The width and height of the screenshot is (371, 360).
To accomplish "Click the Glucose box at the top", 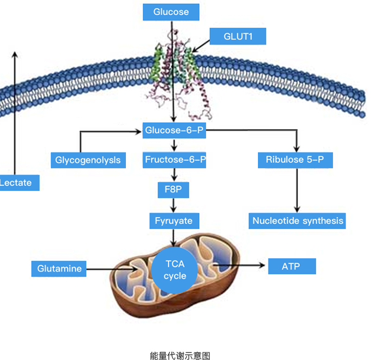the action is coord(171,12).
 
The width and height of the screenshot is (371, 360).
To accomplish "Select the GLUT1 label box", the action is coord(238,36).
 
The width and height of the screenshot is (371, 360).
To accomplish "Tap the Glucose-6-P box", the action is coord(174,130).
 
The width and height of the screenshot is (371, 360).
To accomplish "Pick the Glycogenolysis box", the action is coord(88,160).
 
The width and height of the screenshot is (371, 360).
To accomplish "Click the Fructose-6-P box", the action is coord(174,160).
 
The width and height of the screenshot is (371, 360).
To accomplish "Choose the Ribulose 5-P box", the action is coord(295,160).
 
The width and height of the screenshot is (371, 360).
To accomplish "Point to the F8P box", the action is coord(173,190).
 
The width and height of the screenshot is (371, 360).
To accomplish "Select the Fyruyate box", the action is coord(174,221).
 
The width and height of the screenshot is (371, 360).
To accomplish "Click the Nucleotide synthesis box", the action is coord(297,221).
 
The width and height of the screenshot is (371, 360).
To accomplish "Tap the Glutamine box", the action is coord(59,269).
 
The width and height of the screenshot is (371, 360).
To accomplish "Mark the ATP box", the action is coord(292,266).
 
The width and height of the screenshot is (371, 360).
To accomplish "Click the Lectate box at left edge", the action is coord(19,182).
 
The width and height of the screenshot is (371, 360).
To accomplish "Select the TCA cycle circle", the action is coord(175,270).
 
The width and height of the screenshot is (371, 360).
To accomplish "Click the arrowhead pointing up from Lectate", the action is coord(15,54).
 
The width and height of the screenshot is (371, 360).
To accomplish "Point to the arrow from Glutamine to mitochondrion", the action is coord(112,269).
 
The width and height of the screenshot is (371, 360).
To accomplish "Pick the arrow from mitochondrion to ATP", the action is coord(239,266).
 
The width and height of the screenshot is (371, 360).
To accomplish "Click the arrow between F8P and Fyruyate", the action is coord(174,205).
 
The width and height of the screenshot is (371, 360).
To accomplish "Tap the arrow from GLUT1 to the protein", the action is coord(201,46).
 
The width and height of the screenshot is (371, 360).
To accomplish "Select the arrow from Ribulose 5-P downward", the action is coord(297,190).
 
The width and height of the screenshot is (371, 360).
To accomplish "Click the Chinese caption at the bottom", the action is coord(180,356).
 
